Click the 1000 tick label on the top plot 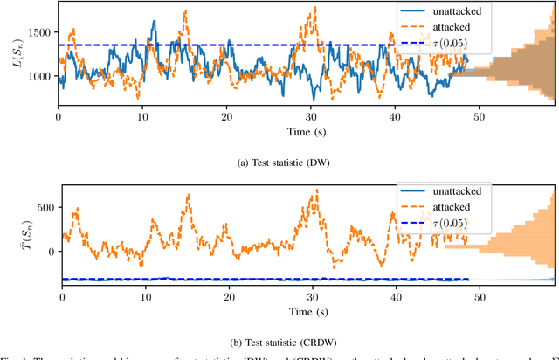(38, 77)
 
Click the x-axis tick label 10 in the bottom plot (145, 297)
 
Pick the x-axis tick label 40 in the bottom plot (395, 297)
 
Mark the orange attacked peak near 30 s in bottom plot (316, 190)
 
